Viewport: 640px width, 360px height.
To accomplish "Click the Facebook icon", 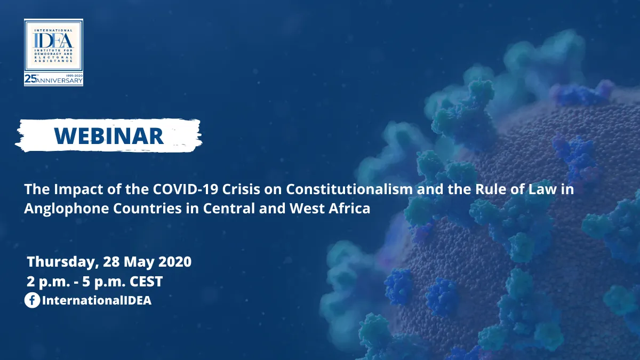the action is click(x=32, y=300).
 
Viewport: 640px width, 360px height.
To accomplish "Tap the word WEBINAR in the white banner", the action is click(x=109, y=136).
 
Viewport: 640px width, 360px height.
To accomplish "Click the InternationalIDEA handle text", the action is click(x=97, y=301).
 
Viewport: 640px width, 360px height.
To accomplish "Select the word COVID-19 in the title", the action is click(x=186, y=189).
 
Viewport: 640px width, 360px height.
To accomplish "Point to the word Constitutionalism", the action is click(x=349, y=189).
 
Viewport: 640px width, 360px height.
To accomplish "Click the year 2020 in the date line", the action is click(x=175, y=262).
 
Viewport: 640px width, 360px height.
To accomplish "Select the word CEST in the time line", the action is click(x=146, y=282).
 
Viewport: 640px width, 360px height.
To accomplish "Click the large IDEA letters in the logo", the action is click(x=53, y=41).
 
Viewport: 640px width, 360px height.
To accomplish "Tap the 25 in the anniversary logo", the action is click(x=30, y=79).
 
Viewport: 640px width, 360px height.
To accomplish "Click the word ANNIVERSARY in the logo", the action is click(x=59, y=81).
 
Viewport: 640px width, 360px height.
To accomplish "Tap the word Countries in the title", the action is click(x=147, y=209).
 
